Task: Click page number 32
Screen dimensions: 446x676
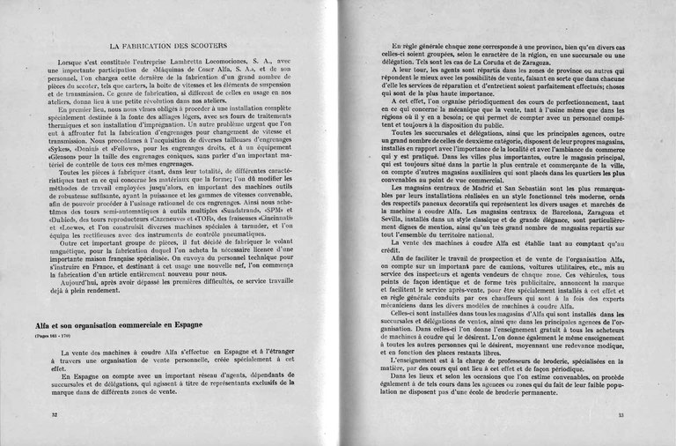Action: (54, 413)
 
